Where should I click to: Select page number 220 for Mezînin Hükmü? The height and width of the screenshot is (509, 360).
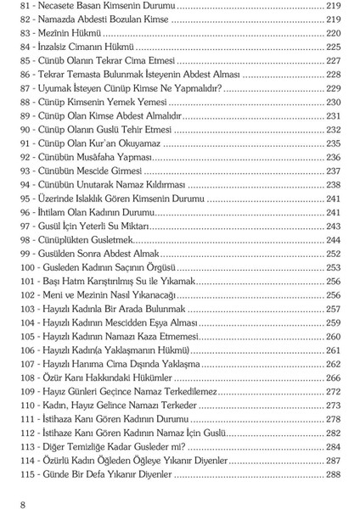pyautogui.click(x=333, y=32)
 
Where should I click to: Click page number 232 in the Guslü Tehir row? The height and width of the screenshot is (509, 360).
pyautogui.click(x=333, y=130)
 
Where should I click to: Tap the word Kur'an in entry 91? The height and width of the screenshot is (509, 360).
pyautogui.click(x=127, y=144)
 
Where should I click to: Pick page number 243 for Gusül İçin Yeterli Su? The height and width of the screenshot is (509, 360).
pyautogui.click(x=333, y=227)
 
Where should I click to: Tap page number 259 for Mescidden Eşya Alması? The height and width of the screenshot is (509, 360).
pyautogui.click(x=333, y=323)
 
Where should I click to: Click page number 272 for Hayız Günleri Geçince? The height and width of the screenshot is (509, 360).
pyautogui.click(x=333, y=392)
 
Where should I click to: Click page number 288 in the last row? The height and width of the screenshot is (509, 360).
pyautogui.click(x=333, y=475)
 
